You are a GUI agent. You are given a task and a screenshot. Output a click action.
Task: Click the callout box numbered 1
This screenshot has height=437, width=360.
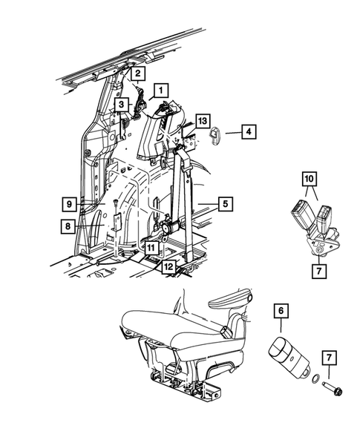click(160, 91)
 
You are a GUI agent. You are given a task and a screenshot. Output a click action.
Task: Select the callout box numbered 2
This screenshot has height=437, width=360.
click(137, 73)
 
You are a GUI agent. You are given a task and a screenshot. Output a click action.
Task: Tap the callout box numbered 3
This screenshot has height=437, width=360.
click(121, 105)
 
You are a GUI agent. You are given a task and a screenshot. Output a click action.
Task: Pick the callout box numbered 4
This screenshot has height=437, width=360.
click(249, 131)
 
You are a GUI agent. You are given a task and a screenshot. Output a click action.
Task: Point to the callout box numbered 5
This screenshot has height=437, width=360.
click(226, 204)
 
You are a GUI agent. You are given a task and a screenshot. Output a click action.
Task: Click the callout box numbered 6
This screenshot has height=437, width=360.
click(281, 311)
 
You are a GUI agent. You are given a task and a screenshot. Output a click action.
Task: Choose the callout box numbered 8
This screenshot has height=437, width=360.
click(68, 226)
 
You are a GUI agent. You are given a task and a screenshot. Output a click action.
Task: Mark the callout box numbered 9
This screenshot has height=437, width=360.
click(69, 204)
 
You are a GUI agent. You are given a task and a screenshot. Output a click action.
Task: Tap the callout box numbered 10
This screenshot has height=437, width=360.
click(310, 179)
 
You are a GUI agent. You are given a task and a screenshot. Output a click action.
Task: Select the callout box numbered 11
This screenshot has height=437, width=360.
click(151, 248)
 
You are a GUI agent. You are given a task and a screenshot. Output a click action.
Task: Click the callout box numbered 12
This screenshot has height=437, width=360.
click(168, 267)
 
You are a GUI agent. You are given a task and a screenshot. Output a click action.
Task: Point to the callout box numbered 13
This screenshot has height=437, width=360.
click(203, 121)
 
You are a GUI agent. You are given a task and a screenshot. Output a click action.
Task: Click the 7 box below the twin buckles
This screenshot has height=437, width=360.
click(319, 270)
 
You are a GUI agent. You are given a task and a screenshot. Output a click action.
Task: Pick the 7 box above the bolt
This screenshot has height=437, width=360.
click(329, 358)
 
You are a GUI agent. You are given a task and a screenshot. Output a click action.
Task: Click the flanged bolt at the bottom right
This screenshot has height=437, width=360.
click(332, 388)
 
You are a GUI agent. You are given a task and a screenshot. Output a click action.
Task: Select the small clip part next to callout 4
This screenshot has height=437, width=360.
click(215, 134)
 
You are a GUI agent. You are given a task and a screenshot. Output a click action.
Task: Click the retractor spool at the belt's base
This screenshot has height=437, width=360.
click(171, 228)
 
